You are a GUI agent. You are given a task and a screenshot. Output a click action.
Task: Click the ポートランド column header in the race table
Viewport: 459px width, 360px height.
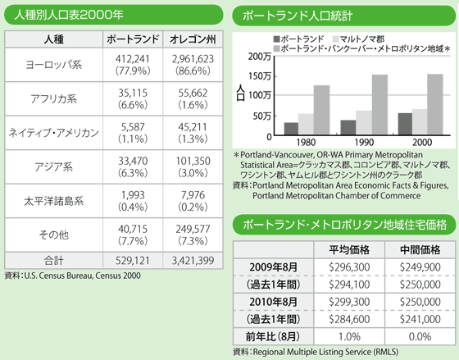pyautogui.click(x=133, y=39)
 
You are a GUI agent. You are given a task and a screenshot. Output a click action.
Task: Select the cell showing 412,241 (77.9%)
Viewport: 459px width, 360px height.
pyautogui.click(x=133, y=65)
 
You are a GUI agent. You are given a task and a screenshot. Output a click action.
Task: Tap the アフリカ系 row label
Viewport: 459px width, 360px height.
pyautogui.click(x=53, y=98)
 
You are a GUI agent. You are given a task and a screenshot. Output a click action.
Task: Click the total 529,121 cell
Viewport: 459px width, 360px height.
pyautogui.click(x=133, y=261)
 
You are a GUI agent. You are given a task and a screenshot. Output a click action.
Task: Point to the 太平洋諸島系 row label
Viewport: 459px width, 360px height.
pyautogui.click(x=53, y=201)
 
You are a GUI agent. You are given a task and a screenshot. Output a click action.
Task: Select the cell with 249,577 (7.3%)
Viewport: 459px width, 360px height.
pyautogui.click(x=193, y=235)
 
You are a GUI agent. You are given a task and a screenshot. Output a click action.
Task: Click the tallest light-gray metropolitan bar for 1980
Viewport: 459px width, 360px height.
pyautogui.click(x=321, y=110)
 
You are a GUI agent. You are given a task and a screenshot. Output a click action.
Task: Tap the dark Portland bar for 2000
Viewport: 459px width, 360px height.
pyautogui.click(x=405, y=124)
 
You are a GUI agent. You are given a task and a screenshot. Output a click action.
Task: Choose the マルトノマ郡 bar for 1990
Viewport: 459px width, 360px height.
pyautogui.click(x=364, y=123)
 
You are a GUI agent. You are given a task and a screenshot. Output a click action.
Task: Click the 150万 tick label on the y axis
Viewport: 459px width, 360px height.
pyautogui.click(x=260, y=76)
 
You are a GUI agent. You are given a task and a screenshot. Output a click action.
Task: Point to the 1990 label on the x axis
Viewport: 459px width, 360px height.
pyautogui.click(x=364, y=143)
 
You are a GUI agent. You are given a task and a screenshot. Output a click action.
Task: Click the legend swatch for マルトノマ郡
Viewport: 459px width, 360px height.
pyautogui.click(x=336, y=39)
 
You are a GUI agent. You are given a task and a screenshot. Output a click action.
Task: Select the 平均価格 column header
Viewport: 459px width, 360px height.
pyautogui.click(x=349, y=250)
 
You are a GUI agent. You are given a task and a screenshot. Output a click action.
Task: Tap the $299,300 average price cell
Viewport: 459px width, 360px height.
pyautogui.click(x=349, y=302)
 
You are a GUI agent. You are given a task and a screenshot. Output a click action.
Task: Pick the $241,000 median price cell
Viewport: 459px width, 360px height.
pyautogui.click(x=420, y=319)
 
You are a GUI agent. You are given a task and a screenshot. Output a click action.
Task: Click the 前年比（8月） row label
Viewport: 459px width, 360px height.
pyautogui.click(x=273, y=336)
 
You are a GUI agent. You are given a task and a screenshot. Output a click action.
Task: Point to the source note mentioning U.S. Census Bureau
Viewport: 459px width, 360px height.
pyautogui.click(x=73, y=276)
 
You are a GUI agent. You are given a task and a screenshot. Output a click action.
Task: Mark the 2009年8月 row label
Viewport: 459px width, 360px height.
pyautogui.click(x=273, y=267)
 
